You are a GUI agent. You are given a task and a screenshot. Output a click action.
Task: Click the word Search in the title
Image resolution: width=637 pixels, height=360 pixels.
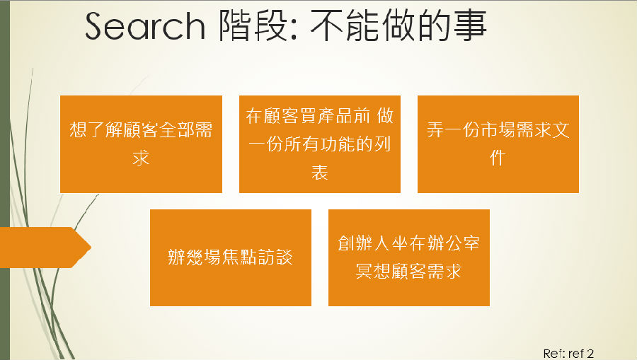pos(145,26)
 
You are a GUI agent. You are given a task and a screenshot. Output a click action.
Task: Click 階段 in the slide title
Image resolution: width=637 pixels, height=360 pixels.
pos(253,25)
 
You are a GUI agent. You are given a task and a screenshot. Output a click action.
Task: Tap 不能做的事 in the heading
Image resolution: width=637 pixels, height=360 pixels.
pos(398,25)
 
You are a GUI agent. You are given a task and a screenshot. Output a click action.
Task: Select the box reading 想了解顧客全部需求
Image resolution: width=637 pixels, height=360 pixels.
pos(141,144)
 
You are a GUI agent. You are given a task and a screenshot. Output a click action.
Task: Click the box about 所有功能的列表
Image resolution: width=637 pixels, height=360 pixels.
pos(320,144)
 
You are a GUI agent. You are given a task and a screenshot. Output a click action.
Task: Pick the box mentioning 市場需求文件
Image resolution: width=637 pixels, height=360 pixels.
pos(498,144)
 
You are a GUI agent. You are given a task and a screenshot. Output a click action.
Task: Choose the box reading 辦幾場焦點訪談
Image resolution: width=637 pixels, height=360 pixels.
pos(231,257)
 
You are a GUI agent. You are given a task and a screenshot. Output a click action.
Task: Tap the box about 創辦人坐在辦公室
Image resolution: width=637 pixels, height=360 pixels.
pos(408,257)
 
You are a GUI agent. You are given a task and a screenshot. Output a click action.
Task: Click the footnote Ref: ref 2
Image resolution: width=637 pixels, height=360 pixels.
pos(568,354)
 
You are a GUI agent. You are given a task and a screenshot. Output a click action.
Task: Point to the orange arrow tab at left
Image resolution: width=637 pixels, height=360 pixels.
pos(45,248)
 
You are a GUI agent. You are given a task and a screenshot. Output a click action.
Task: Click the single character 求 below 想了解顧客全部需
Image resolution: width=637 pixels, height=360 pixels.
pos(141,158)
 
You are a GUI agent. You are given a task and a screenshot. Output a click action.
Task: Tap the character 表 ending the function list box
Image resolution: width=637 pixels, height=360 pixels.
pos(320,172)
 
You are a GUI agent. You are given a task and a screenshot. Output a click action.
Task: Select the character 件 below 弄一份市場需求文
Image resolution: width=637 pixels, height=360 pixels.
pos(498,158)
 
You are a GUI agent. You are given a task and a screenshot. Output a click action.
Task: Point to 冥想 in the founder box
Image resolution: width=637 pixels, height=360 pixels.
pos(373,272)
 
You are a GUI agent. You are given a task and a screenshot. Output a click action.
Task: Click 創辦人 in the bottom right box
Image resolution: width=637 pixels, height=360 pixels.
pos(364,243)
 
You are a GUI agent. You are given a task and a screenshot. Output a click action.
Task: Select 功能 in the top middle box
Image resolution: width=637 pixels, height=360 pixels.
pos(338,144)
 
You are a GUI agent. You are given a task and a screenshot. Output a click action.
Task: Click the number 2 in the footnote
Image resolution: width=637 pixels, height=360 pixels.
pos(590,354)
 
